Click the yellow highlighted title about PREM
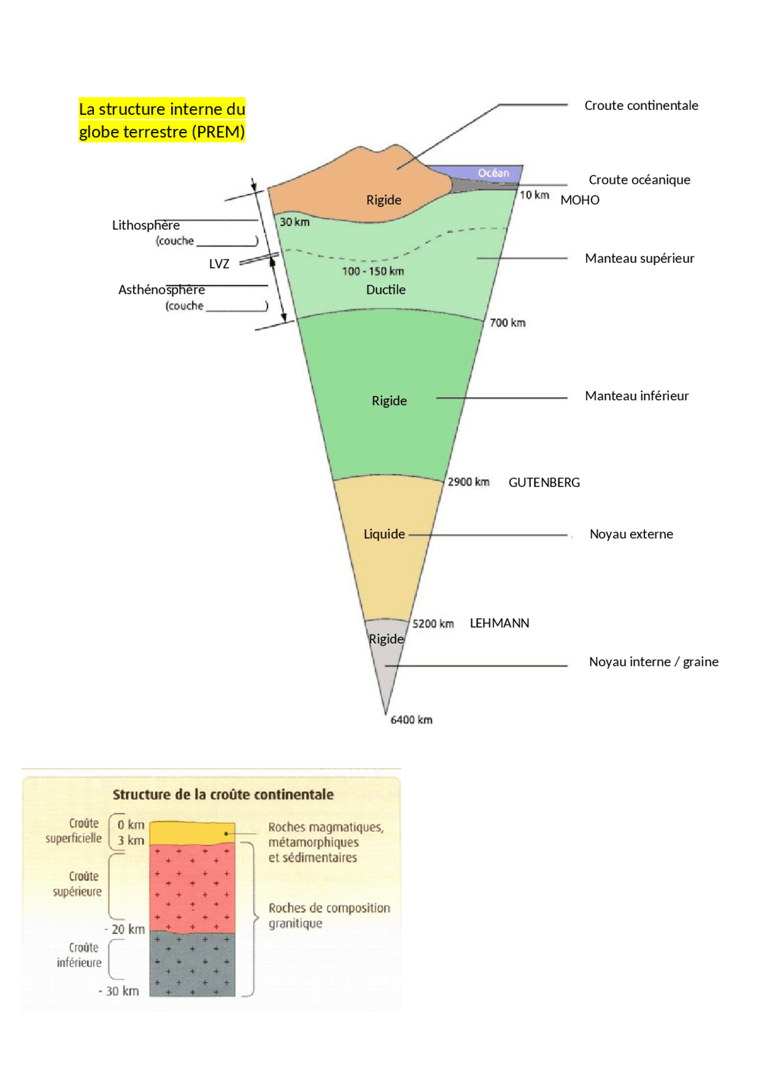(x=162, y=120)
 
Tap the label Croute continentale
(x=641, y=106)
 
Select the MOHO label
(x=580, y=200)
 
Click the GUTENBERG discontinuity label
(x=544, y=483)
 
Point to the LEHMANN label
(x=499, y=623)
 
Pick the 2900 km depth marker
(x=468, y=482)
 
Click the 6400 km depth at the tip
(x=411, y=720)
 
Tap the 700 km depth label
(x=508, y=323)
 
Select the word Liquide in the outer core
(x=384, y=534)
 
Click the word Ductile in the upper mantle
(x=386, y=290)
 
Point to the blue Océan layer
(x=493, y=173)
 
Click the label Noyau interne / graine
(x=653, y=662)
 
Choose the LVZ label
(x=219, y=264)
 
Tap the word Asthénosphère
(x=162, y=290)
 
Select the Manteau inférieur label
(x=637, y=396)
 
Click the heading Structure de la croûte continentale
(x=223, y=795)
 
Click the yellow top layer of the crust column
(x=191, y=833)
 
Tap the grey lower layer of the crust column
(x=191, y=963)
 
